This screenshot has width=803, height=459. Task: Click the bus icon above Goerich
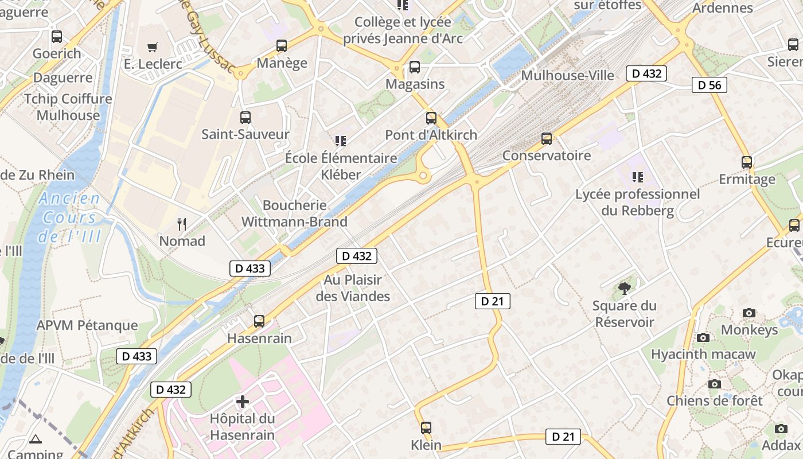[x=56, y=37]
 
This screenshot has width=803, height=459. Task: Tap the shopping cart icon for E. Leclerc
[x=152, y=47]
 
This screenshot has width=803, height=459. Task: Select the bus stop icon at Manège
[x=281, y=46]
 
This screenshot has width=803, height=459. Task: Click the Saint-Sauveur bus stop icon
[x=245, y=118]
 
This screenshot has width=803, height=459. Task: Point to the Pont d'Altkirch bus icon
[x=431, y=118]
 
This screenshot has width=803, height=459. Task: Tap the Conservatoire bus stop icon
[x=547, y=139]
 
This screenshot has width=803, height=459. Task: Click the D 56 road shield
[x=710, y=85]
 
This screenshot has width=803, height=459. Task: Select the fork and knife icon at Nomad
[x=182, y=224]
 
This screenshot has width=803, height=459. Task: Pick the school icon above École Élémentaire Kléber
[x=341, y=141]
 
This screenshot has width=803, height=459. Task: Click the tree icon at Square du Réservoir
[x=625, y=288]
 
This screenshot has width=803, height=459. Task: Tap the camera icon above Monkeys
[x=749, y=313]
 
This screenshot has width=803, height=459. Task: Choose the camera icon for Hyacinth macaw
[x=703, y=337]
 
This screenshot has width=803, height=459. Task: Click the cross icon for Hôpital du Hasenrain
[x=243, y=401]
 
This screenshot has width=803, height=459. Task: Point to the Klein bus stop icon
[x=426, y=427]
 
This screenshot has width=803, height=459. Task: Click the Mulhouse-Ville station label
[x=567, y=76]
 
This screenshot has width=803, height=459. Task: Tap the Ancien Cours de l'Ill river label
[x=70, y=217]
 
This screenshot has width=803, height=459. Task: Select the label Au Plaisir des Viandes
[x=353, y=288]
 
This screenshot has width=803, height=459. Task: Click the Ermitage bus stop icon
[x=746, y=162]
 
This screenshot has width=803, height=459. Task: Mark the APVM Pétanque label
[x=87, y=325]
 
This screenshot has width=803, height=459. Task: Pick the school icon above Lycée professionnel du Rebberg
[x=637, y=177]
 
